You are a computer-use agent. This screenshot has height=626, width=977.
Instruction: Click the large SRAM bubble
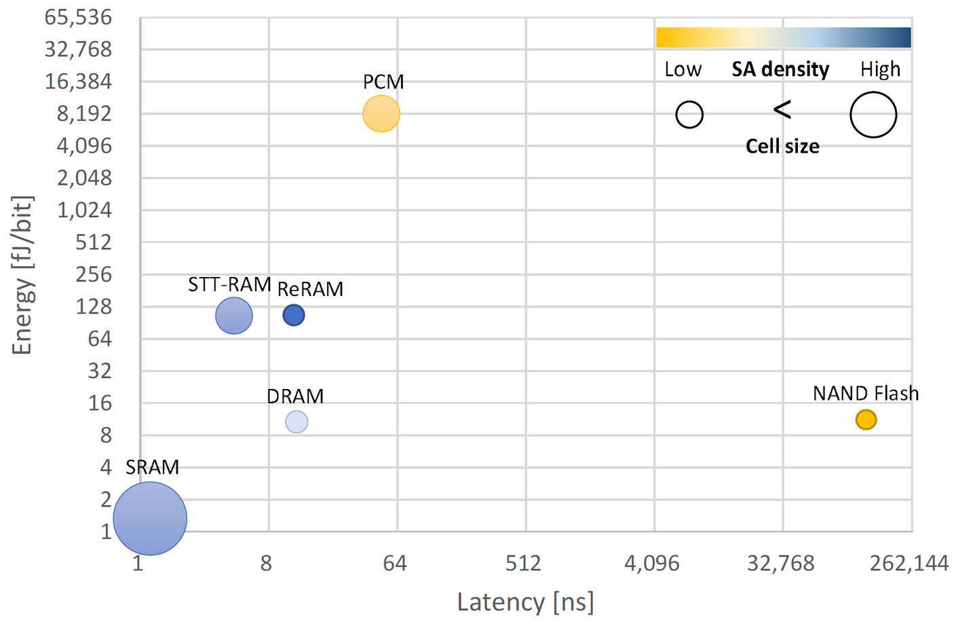coord(150,518)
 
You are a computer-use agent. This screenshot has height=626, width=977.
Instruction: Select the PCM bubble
coord(381,113)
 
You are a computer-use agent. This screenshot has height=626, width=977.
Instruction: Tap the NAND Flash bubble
coord(866,420)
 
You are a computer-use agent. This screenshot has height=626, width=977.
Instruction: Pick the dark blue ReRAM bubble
coord(294,315)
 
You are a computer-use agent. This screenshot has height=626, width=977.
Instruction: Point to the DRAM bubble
coord(296,422)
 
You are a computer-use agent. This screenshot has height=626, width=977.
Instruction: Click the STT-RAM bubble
coord(234,316)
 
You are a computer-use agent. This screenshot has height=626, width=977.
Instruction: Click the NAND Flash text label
coord(866,394)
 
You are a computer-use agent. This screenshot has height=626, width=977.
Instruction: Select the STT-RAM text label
coord(229,284)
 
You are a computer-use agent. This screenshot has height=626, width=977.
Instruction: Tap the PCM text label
coord(383,82)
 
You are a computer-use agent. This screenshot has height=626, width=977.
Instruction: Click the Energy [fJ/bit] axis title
coord(22,275)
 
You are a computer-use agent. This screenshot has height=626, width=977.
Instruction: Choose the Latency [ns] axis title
coord(525,602)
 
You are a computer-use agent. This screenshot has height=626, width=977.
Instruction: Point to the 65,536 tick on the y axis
coord(78,17)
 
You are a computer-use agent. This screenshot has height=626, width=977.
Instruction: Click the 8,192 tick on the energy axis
coord(84,113)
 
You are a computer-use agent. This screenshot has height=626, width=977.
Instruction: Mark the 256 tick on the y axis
coord(94,274)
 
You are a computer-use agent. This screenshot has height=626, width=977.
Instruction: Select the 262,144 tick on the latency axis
coord(909,563)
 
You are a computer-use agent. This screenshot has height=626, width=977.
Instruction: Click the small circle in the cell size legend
coord(689,115)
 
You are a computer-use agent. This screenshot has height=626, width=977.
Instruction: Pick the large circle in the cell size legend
coord(873,115)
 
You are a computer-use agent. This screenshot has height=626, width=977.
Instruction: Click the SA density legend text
coord(780,69)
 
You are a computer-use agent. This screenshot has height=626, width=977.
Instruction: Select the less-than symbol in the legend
coord(782,109)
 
